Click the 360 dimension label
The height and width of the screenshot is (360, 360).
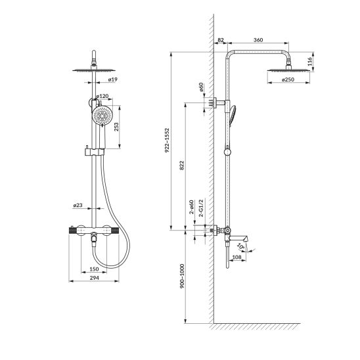point(258,40)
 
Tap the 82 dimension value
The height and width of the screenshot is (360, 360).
point(221,40)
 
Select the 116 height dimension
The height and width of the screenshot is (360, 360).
point(309,62)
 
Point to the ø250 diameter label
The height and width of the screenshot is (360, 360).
point(288,79)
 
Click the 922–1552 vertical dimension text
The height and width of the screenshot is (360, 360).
point(167,141)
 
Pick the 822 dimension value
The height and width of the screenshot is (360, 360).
point(181,166)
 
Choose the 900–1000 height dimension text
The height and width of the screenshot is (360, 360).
point(182,276)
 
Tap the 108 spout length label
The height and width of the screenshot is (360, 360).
point(236,257)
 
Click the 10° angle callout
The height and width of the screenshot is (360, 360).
point(240,247)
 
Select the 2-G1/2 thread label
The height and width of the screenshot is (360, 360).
point(201,208)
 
